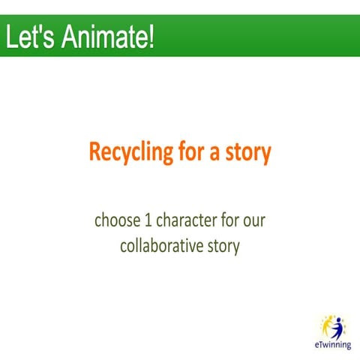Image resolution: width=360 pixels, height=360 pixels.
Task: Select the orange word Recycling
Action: pos(132,154)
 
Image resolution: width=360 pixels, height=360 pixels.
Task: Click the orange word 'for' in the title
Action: pos(194,152)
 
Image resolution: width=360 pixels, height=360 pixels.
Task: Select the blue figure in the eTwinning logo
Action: pos(337,328)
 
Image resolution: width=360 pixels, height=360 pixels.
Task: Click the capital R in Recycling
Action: pos(94,153)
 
